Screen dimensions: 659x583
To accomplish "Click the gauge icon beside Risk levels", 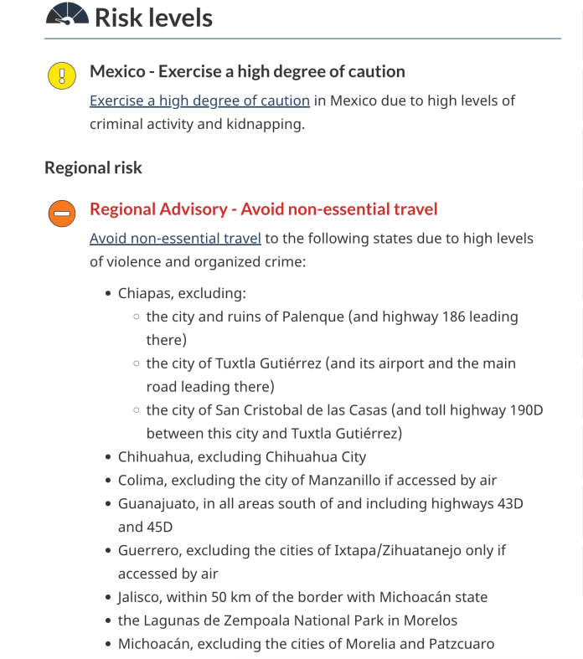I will [x=66, y=16].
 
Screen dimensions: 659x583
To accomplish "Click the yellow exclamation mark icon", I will [x=62, y=76].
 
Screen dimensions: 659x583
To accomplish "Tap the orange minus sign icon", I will [x=62, y=214].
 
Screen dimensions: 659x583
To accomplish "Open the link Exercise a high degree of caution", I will [x=199, y=100].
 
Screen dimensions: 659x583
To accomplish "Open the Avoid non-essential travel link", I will [x=175, y=239].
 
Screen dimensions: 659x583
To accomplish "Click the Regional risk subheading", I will [x=93, y=167].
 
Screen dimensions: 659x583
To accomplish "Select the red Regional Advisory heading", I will [x=263, y=209].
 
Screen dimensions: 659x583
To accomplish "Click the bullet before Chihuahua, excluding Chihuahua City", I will [x=109, y=458].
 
